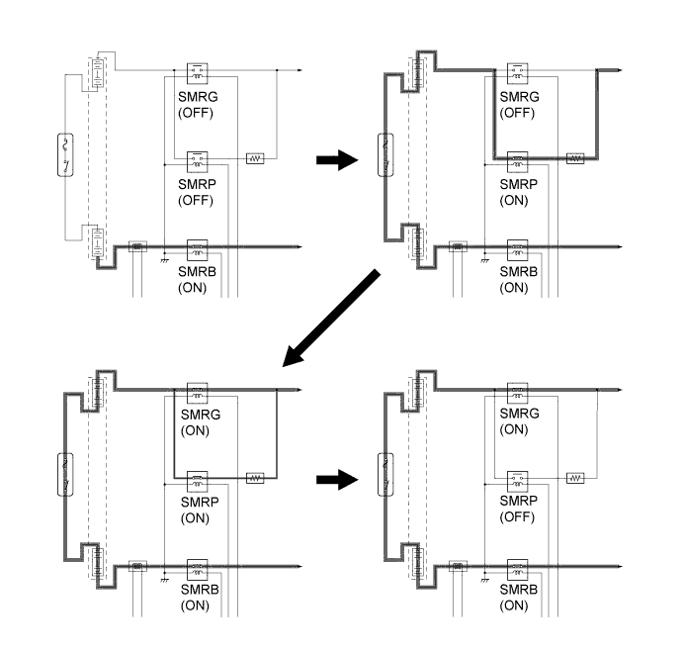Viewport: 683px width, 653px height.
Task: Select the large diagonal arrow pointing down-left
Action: pos(330,318)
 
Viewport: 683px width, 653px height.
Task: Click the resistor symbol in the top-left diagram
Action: pos(255,158)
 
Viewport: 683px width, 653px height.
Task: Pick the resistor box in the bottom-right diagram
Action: pos(576,477)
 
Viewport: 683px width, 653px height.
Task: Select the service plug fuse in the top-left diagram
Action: pos(66,157)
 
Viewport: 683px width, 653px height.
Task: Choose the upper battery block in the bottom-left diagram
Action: pos(99,391)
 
